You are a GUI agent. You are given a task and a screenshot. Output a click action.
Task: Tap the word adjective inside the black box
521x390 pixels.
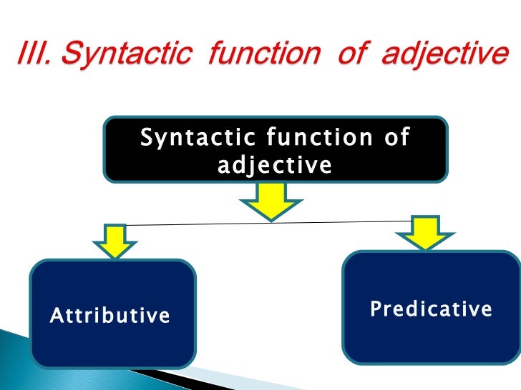click(275, 166)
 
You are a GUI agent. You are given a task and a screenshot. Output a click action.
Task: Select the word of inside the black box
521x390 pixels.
click(396, 137)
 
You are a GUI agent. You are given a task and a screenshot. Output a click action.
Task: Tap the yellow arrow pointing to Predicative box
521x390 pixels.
click(427, 232)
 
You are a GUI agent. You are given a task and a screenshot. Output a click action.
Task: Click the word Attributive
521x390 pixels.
click(110, 316)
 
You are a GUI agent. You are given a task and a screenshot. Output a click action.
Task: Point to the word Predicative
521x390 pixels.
click(431, 309)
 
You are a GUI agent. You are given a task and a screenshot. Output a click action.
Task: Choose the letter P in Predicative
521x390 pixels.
click(374, 309)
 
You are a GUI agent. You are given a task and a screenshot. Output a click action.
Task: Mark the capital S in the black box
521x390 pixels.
click(147, 137)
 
